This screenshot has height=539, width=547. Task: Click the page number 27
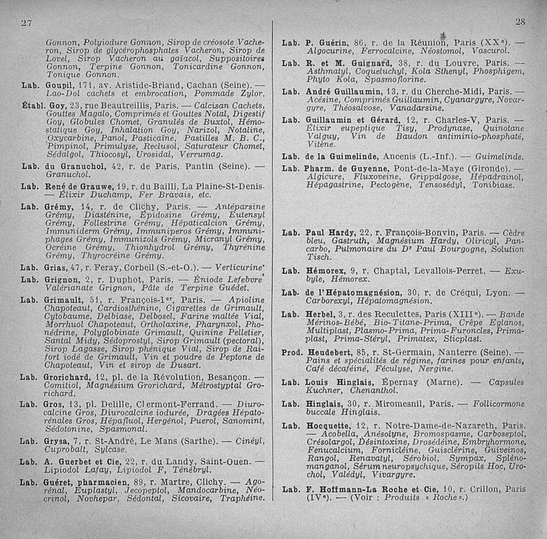(26, 22)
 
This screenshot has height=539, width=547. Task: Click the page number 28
(520, 22)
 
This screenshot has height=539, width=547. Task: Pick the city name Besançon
(224, 377)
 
